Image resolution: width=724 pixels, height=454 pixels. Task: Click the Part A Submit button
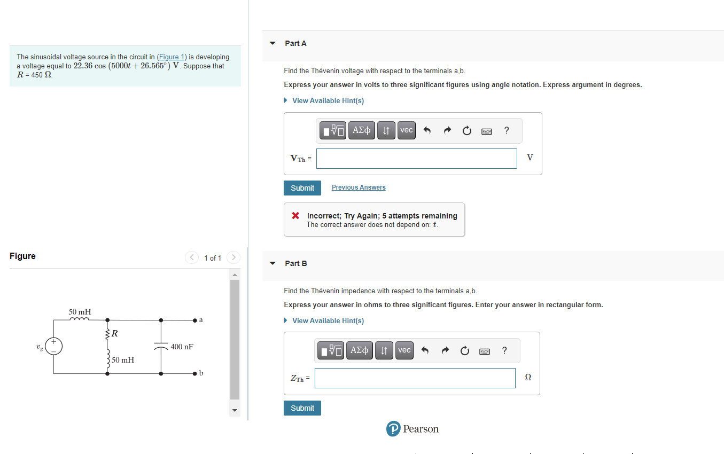[x=302, y=188]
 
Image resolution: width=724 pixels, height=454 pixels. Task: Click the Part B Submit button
[x=302, y=408]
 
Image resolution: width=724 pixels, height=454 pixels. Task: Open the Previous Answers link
[x=359, y=187]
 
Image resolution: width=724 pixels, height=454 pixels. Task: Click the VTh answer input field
[x=416, y=159]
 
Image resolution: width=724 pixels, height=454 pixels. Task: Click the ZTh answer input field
[x=415, y=378]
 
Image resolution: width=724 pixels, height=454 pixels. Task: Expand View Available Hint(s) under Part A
[x=328, y=100]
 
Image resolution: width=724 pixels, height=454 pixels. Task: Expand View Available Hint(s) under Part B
[x=328, y=320]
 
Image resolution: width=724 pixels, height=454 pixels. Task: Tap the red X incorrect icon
[x=295, y=216]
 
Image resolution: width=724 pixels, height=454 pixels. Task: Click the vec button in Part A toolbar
[x=407, y=130]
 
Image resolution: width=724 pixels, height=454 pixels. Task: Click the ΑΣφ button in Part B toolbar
[x=360, y=350]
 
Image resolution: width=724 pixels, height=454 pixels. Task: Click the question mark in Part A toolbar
[x=507, y=130]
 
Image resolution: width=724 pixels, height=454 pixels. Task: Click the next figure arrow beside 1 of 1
[x=233, y=258]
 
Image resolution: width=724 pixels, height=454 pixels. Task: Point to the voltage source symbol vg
[x=53, y=346]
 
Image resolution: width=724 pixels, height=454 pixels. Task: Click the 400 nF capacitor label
[x=182, y=347]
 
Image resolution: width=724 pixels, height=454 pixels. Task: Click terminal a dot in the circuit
[x=196, y=320]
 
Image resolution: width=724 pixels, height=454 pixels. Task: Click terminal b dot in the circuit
[x=196, y=373]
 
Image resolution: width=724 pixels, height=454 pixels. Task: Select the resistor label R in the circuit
[x=115, y=334]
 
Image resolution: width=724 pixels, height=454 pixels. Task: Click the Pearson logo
[x=412, y=429]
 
